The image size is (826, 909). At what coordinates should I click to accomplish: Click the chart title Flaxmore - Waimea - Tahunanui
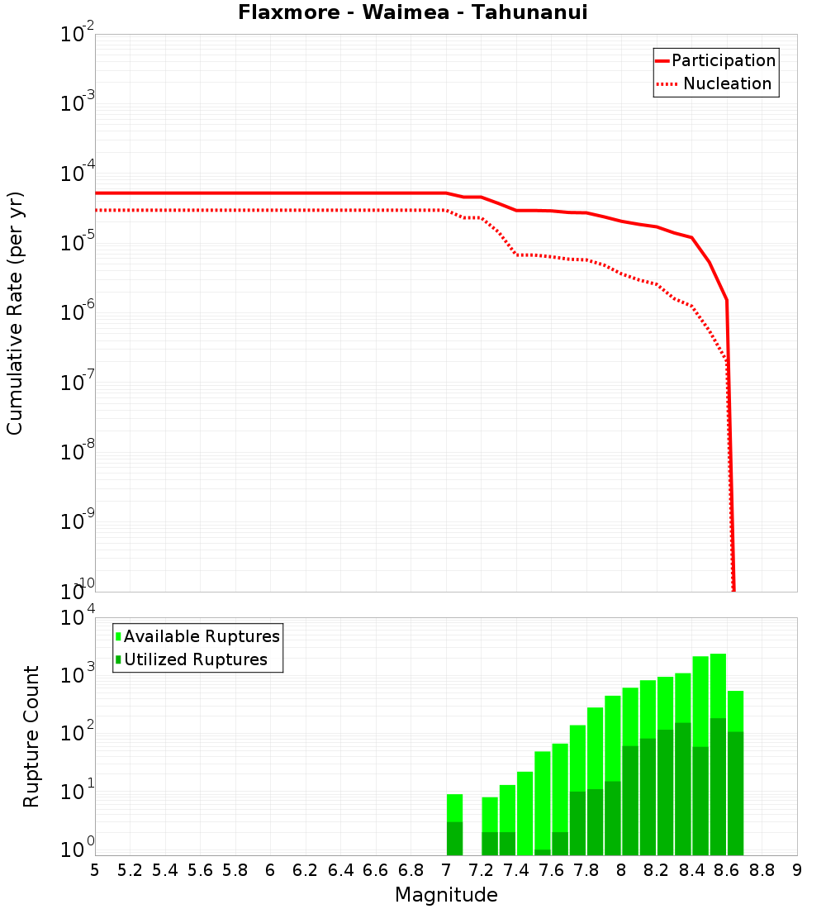[412, 12]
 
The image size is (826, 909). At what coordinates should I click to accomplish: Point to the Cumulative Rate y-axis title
[15, 312]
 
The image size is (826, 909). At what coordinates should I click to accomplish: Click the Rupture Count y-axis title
[31, 735]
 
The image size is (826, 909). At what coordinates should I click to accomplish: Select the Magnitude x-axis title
[446, 895]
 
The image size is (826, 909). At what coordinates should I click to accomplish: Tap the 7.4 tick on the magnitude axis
[516, 870]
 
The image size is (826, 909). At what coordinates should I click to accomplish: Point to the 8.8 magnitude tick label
[762, 870]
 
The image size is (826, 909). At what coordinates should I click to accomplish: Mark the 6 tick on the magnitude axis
[270, 870]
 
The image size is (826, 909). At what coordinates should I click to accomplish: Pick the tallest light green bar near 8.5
[718, 686]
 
